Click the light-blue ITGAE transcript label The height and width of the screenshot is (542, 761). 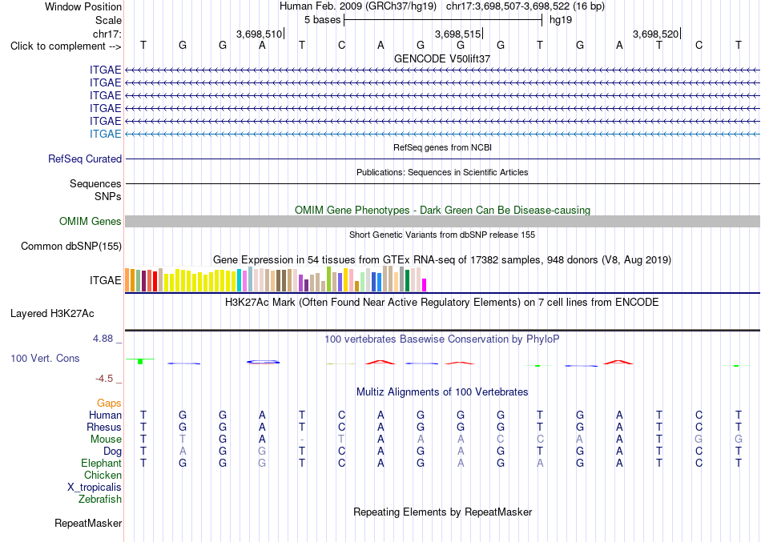pyautogui.click(x=105, y=134)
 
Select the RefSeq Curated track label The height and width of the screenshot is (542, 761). pyautogui.click(x=85, y=159)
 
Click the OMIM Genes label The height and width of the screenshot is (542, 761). pyautogui.click(x=91, y=221)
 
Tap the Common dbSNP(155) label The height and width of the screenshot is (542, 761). pyautogui.click(x=71, y=246)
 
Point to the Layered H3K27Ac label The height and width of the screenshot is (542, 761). pyautogui.click(x=52, y=314)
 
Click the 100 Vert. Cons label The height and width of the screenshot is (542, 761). pyautogui.click(x=45, y=358)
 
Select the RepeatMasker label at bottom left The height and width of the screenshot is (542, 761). pyautogui.click(x=88, y=523)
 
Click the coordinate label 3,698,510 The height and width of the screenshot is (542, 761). pyautogui.click(x=259, y=34)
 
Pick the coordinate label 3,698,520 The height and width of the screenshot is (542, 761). pyautogui.click(x=655, y=34)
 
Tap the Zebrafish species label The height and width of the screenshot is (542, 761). pyautogui.click(x=100, y=499)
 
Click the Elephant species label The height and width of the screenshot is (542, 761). pyautogui.click(x=102, y=463)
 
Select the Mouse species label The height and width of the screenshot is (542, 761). pyautogui.click(x=106, y=440)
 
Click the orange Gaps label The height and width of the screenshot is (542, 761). pyautogui.click(x=109, y=403)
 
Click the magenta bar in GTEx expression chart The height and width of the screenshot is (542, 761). pyautogui.click(x=425, y=285)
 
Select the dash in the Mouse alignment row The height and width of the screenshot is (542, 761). pyautogui.click(x=302, y=440)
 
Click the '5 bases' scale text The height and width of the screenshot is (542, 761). pyautogui.click(x=322, y=20)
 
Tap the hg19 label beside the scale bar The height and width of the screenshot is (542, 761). pyautogui.click(x=561, y=20)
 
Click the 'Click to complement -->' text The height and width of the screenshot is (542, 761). pyautogui.click(x=66, y=46)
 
